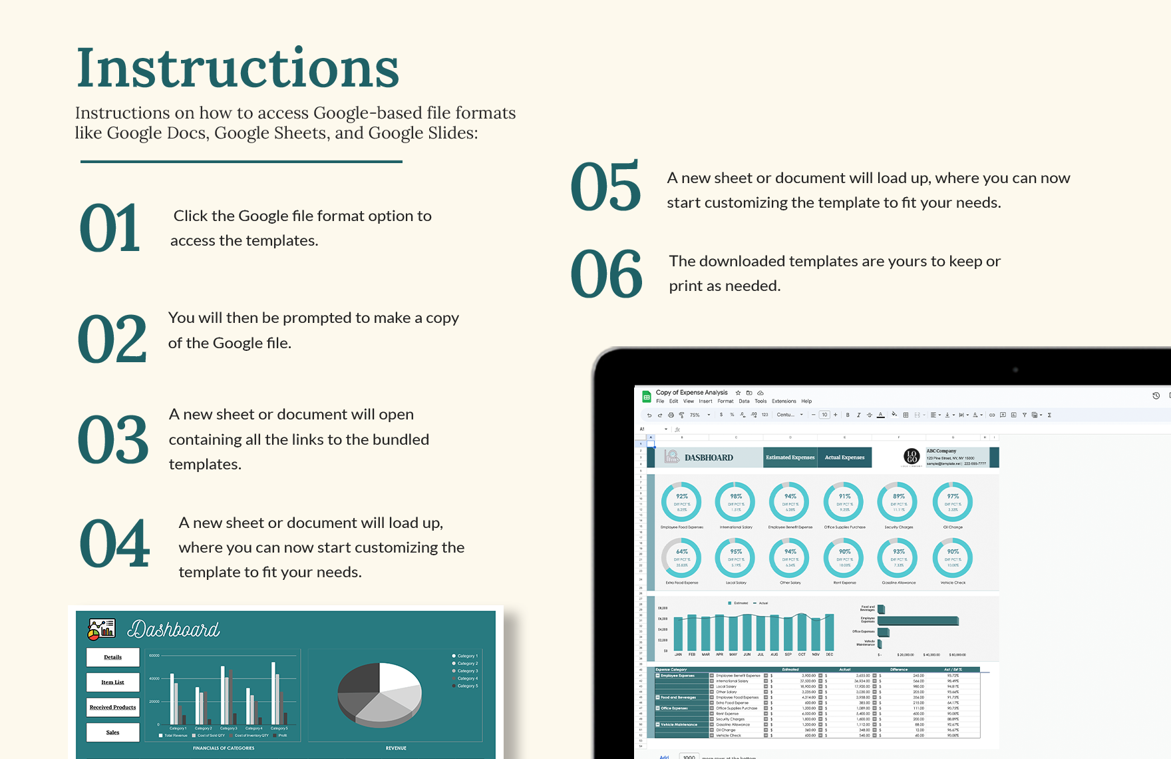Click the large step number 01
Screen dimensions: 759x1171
click(x=110, y=228)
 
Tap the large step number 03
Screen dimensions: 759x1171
click(x=113, y=440)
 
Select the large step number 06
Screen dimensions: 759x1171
click(x=606, y=274)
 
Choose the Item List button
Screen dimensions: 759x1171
click(x=113, y=682)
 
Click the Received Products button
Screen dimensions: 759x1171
click(x=113, y=707)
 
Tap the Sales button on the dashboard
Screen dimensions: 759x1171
click(x=113, y=732)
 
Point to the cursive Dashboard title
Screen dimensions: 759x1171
click(x=173, y=629)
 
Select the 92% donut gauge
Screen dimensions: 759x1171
click(x=682, y=501)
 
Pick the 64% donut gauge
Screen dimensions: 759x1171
click(x=682, y=557)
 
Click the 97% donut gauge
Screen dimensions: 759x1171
click(x=953, y=501)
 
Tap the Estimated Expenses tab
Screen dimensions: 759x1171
click(x=790, y=457)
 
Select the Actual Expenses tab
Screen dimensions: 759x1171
click(x=844, y=457)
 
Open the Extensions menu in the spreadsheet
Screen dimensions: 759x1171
click(x=784, y=401)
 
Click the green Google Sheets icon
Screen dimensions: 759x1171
click(x=646, y=397)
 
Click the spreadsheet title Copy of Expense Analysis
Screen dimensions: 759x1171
click(x=691, y=393)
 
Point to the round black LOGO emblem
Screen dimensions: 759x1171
click(x=912, y=457)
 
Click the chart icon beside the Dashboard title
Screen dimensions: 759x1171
click(x=102, y=629)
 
